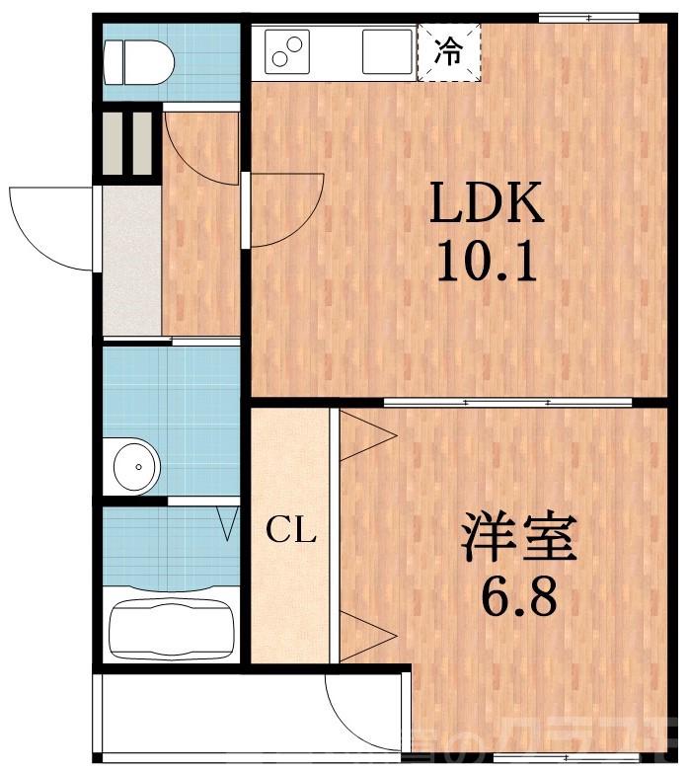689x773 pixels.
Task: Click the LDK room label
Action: coord(486,205)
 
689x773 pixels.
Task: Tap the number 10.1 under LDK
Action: coord(486,263)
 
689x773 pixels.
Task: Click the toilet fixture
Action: coord(139,60)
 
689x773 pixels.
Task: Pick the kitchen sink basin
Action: coord(386,51)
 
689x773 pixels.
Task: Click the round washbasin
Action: coord(135,465)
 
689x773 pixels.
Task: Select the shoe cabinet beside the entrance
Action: coord(129,144)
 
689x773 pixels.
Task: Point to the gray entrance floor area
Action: coord(131,261)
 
